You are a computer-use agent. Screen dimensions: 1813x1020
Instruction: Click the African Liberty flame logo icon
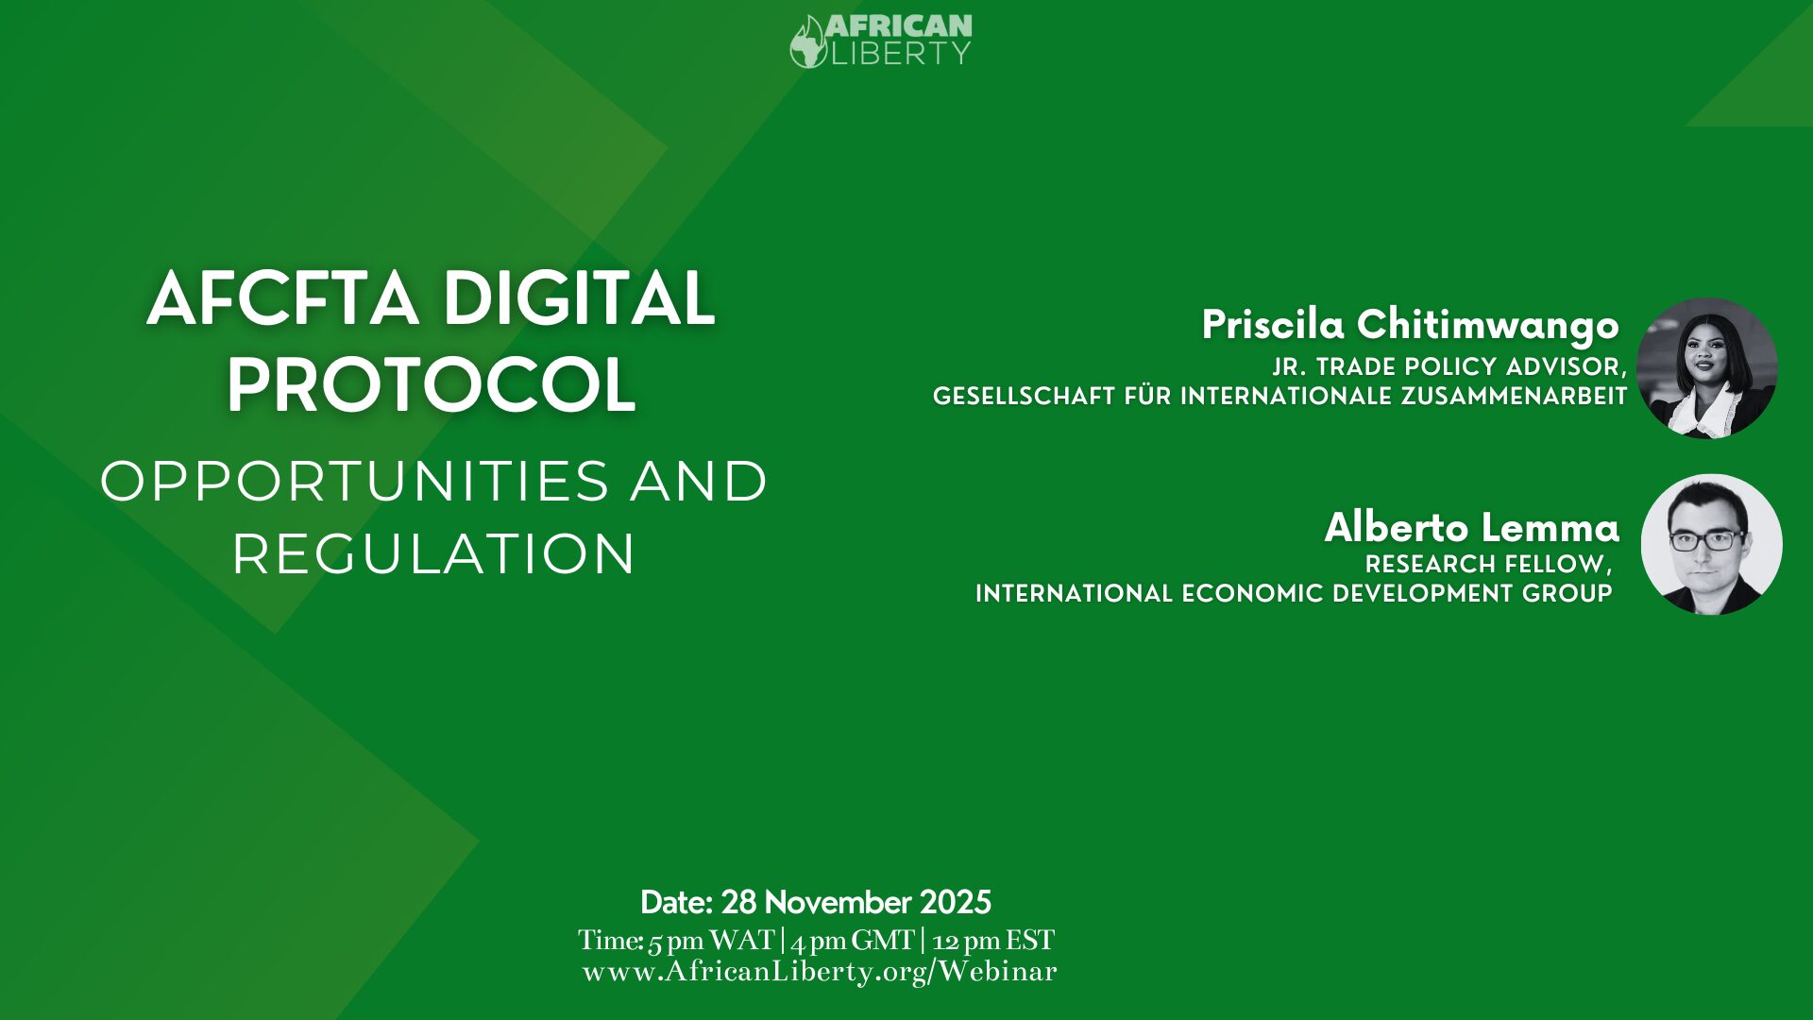click(808, 42)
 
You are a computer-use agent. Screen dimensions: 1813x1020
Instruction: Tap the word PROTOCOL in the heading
click(431, 385)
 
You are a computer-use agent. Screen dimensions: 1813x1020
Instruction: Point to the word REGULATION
click(433, 553)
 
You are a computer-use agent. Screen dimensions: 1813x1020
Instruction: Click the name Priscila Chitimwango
click(1411, 326)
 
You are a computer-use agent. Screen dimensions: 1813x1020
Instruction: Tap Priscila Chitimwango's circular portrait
click(1707, 368)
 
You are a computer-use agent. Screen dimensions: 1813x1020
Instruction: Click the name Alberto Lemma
click(1472, 527)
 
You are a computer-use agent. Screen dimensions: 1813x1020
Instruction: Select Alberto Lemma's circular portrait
click(1712, 545)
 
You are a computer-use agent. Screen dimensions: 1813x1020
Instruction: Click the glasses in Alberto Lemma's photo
click(1707, 540)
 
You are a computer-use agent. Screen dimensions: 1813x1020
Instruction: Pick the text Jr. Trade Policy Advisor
click(1449, 366)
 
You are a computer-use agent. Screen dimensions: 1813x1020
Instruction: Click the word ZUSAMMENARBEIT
click(1515, 396)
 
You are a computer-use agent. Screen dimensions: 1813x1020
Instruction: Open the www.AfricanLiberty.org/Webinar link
click(820, 972)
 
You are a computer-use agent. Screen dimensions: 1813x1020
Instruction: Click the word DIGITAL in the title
click(579, 298)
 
